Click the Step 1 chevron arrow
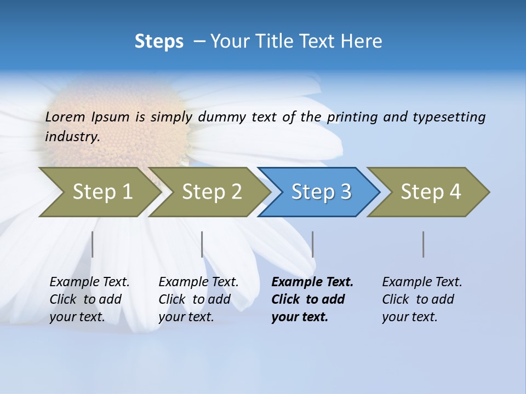[x=99, y=192]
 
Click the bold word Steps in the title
[x=159, y=42]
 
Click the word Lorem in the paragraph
[x=65, y=117]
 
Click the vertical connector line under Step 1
[x=93, y=244]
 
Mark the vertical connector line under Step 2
[x=202, y=244]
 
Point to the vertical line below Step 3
[x=312, y=244]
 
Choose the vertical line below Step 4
[x=424, y=244]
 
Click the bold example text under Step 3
[x=312, y=299]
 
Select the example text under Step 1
[x=89, y=299]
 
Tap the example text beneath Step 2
[x=198, y=299]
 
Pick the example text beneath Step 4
[x=422, y=299]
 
